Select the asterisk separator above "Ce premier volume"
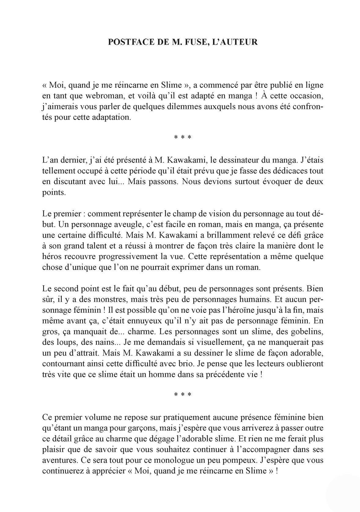182,395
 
